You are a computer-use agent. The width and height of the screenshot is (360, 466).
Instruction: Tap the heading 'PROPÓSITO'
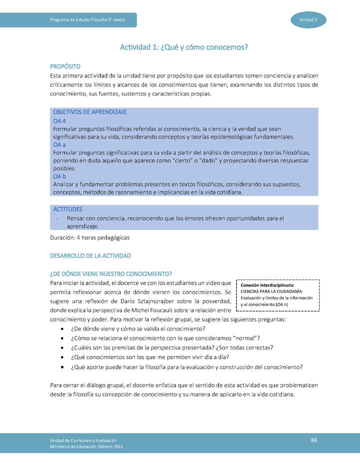tap(65, 66)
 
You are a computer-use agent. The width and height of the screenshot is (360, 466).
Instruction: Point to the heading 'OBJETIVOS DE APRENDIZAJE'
tap(89, 112)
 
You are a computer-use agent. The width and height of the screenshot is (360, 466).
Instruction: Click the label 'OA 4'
tap(59, 120)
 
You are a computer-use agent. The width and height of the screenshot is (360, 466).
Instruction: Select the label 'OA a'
tap(59, 144)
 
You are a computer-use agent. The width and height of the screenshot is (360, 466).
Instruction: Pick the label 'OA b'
tap(59, 176)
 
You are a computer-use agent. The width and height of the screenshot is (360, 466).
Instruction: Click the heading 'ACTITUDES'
tap(67, 209)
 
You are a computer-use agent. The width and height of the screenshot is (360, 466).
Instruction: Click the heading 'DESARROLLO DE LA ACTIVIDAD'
tap(90, 255)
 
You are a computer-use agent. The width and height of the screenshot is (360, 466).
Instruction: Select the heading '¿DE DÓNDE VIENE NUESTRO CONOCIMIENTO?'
tap(111, 273)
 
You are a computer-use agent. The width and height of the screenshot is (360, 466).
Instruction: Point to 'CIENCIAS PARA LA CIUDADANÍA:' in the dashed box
tap(271, 292)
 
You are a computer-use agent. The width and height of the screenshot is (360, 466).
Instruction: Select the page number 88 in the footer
tap(314, 439)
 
